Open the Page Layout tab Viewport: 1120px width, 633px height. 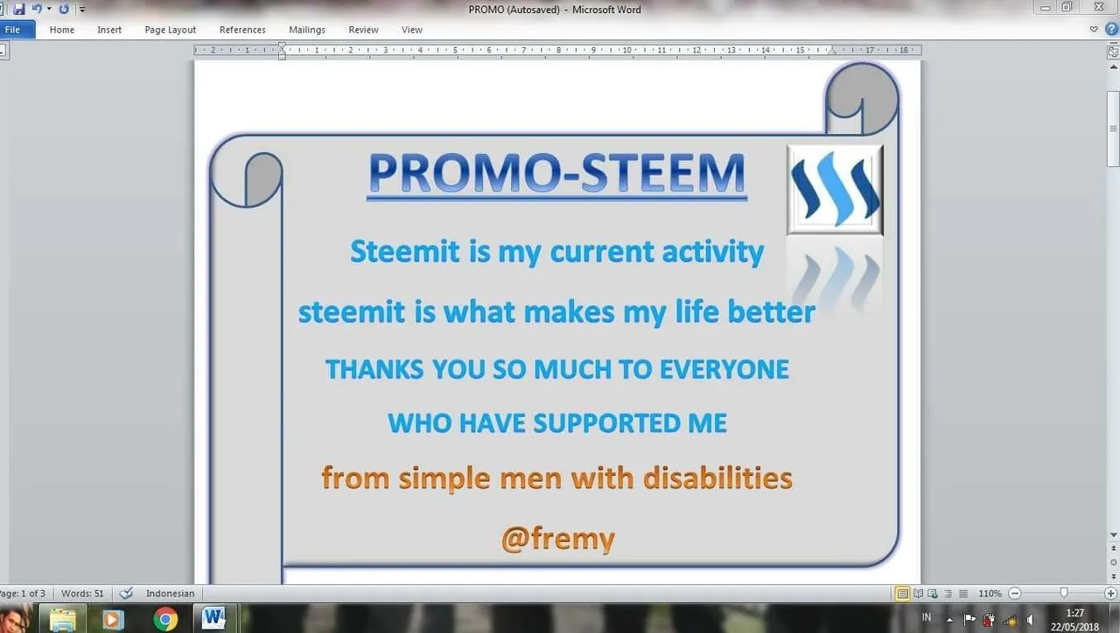pos(170,30)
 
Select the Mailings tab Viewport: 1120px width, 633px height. pos(307,30)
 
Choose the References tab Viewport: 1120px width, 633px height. pos(242,30)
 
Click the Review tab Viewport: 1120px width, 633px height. pos(363,30)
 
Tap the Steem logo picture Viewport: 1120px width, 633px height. pos(835,190)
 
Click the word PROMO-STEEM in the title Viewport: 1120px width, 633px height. pos(557,173)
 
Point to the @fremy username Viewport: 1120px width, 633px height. pos(558,539)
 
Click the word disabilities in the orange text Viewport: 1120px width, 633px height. pos(717,477)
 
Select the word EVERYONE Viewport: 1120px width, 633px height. pos(724,370)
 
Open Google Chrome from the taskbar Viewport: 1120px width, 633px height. pos(165,619)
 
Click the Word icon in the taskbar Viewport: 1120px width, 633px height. pos(213,618)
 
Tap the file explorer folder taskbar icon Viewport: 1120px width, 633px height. pos(62,620)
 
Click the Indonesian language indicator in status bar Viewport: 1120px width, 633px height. pos(170,594)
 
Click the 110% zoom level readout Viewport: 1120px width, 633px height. pos(990,594)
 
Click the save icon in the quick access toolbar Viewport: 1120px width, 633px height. pos(19,9)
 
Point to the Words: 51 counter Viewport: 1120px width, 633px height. pos(82,594)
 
